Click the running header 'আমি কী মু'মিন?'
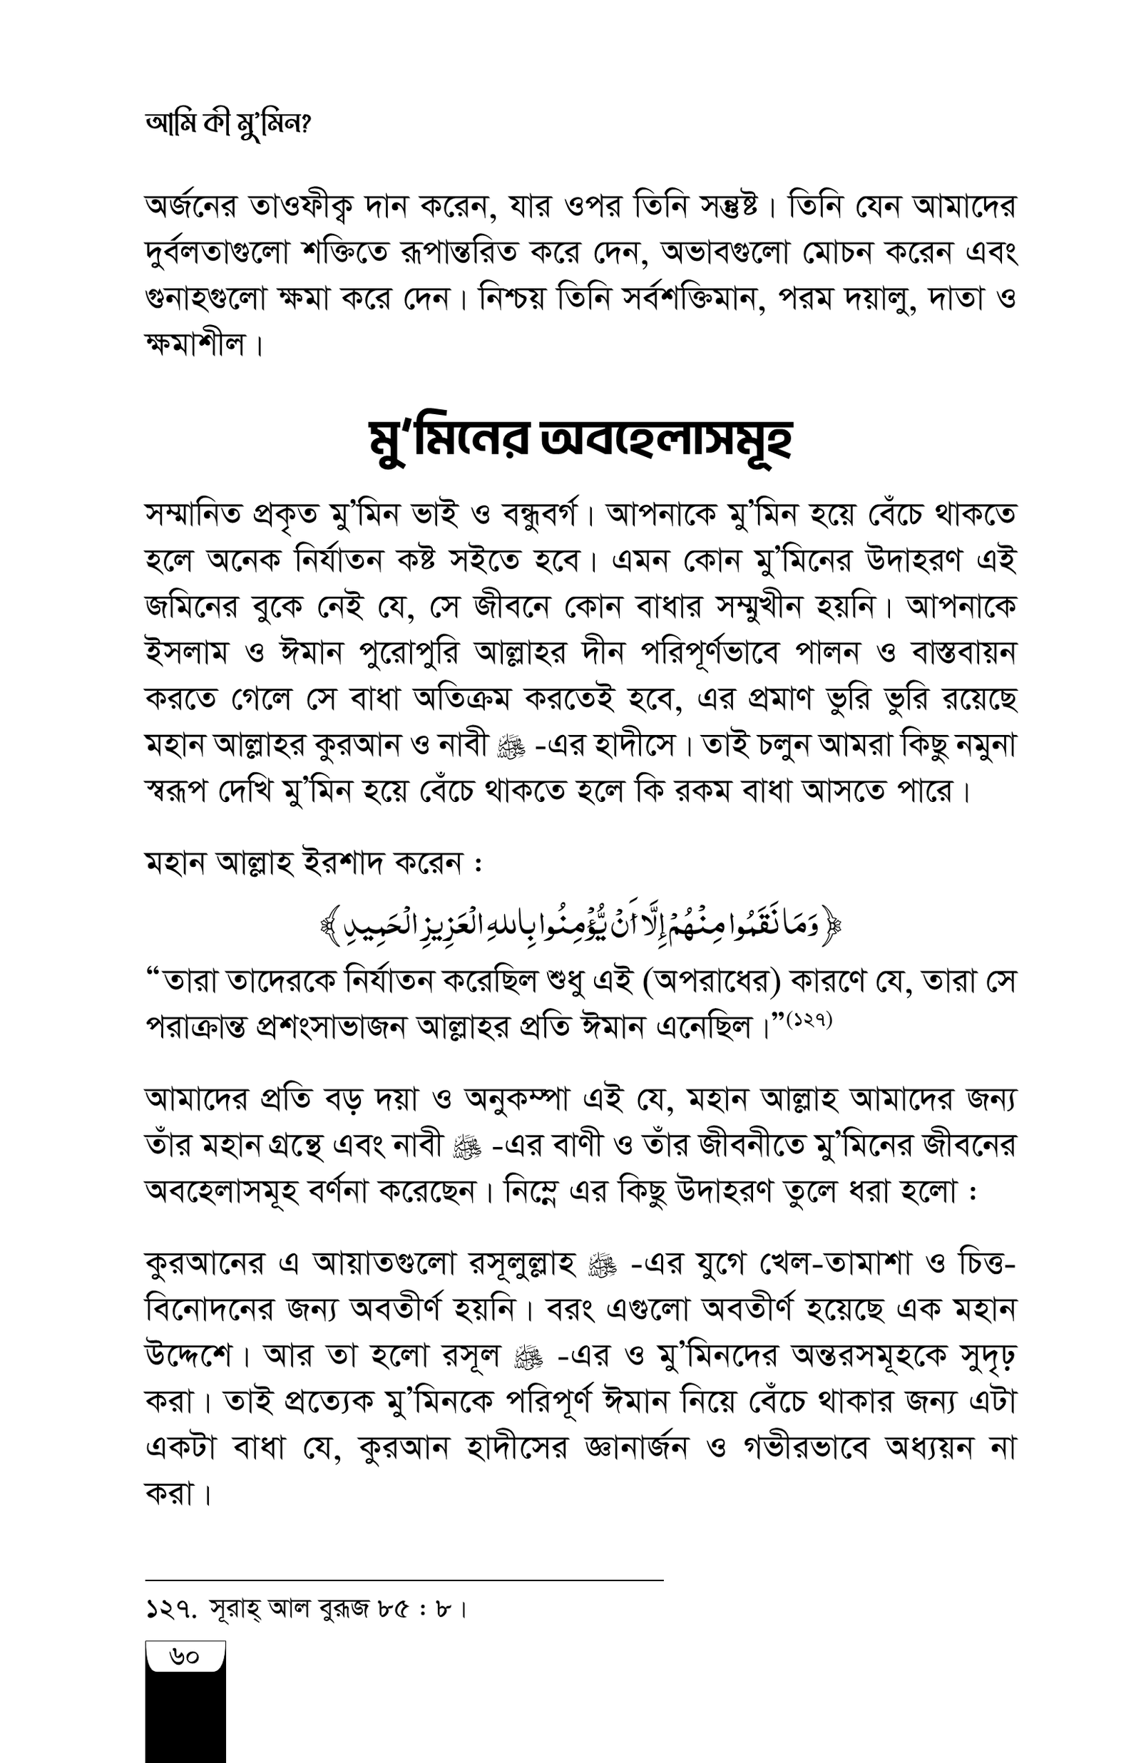[227, 124]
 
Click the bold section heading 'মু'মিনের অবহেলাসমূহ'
[581, 440]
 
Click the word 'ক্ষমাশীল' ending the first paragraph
[195, 345]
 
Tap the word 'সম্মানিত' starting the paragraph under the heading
[193, 514]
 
